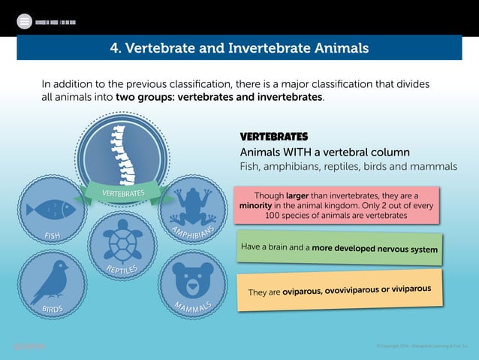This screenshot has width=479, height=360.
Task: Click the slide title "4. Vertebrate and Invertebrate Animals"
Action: coord(239,49)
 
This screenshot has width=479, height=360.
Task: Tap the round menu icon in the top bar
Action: coord(24,22)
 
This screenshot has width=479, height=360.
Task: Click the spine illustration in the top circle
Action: coord(116,150)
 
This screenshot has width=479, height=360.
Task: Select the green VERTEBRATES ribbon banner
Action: coord(124,194)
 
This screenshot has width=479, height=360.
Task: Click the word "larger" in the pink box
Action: coord(298,193)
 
